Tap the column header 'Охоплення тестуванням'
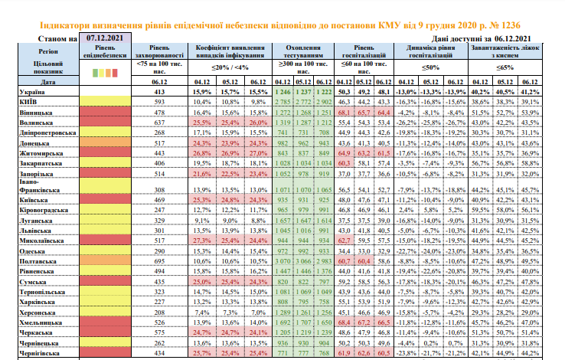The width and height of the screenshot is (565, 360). (303, 51)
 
